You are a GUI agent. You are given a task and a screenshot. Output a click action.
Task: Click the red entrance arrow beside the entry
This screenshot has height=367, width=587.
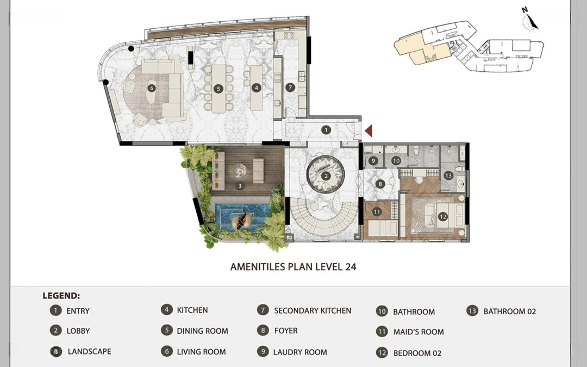369,130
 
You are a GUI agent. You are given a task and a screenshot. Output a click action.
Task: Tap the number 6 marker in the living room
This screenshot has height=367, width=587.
151,88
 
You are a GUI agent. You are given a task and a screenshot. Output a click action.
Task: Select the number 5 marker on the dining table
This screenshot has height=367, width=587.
218,89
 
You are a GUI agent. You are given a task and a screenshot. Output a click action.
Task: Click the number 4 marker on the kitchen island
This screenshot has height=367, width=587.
256,88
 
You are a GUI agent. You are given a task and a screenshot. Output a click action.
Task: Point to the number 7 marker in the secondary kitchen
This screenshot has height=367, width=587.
290,88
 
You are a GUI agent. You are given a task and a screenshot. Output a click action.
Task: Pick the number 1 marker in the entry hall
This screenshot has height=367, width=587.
326,130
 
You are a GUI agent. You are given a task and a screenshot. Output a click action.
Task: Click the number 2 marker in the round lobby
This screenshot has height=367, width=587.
326,176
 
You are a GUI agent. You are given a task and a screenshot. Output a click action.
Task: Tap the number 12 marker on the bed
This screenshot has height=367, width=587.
443,216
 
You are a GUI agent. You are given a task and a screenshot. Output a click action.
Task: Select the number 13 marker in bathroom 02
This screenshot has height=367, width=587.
448,175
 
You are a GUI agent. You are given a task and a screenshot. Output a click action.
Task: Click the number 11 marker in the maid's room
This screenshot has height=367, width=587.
377,212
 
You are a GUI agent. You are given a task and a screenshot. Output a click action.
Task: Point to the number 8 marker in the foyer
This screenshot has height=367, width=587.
380,184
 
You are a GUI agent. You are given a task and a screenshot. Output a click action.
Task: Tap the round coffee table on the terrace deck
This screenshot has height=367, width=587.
239,171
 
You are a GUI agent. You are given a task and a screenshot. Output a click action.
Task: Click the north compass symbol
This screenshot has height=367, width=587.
529,18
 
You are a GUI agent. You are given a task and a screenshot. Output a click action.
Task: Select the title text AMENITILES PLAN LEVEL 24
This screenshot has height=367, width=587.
293,267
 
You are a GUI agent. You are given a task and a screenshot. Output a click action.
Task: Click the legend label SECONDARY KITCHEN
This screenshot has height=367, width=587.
313,311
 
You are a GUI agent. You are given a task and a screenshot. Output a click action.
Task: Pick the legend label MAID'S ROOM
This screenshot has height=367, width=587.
419,332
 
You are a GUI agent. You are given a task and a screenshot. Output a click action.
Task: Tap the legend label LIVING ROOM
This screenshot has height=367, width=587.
202,352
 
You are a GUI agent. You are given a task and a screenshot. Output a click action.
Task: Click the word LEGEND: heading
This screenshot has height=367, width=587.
61,296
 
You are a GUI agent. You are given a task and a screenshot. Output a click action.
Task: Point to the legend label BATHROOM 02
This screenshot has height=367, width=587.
510,312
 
